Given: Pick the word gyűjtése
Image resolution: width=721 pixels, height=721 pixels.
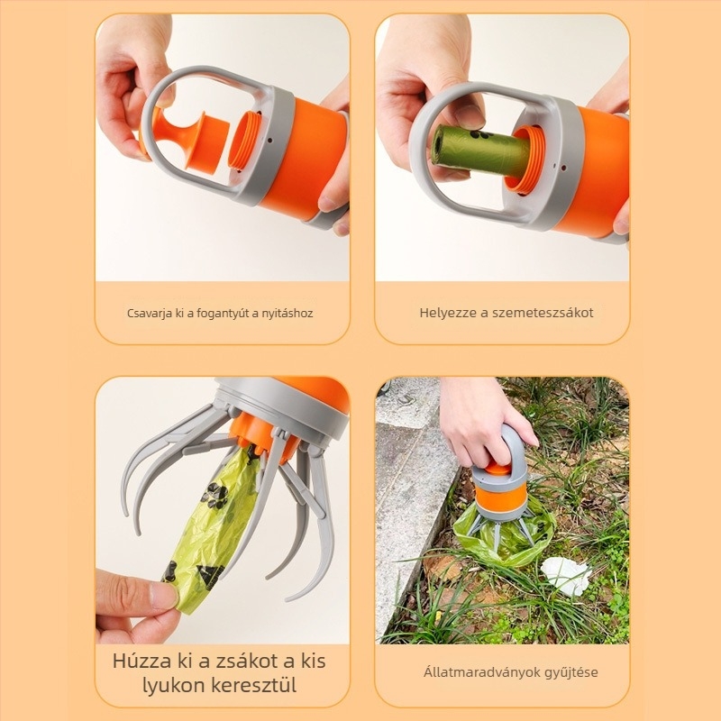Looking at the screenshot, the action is (571, 672).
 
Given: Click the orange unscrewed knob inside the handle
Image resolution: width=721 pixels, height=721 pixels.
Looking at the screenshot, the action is (193, 140).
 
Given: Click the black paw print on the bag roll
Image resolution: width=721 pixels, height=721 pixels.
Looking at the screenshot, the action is (479, 135).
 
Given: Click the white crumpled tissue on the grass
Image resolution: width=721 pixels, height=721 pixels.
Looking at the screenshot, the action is (566, 575).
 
